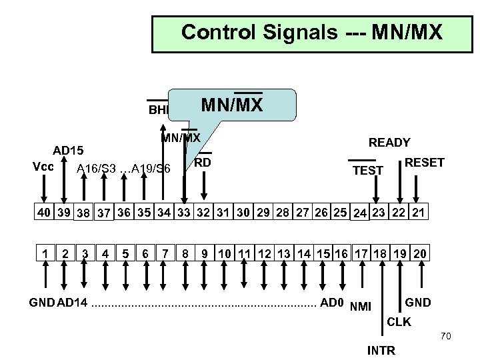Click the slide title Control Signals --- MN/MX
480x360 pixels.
[311, 32]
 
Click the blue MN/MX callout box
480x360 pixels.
[232, 105]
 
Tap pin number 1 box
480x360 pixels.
[43, 254]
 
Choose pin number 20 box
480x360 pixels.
[419, 254]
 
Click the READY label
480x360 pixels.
[389, 142]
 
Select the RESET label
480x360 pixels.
[424, 163]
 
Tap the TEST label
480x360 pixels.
[367, 171]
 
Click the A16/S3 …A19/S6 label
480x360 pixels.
[123, 169]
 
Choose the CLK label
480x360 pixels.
[399, 322]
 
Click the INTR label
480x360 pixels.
[381, 350]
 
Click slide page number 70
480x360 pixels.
[446, 337]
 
